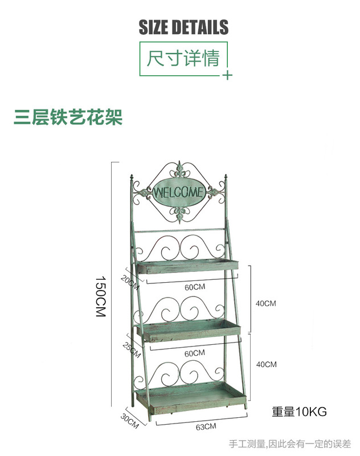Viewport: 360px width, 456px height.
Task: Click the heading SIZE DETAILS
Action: tap(183, 27)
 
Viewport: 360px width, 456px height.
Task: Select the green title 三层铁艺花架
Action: tap(68, 117)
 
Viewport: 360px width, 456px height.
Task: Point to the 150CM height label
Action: tap(101, 296)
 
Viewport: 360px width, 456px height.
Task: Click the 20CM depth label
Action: tap(129, 280)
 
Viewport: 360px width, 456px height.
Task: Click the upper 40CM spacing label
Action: tap(265, 303)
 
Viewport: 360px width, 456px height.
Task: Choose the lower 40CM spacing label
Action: tap(265, 364)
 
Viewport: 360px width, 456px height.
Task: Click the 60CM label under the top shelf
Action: tap(194, 287)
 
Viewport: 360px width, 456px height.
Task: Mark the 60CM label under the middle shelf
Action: tap(194, 353)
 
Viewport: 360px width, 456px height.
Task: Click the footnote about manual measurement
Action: tap(290, 443)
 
